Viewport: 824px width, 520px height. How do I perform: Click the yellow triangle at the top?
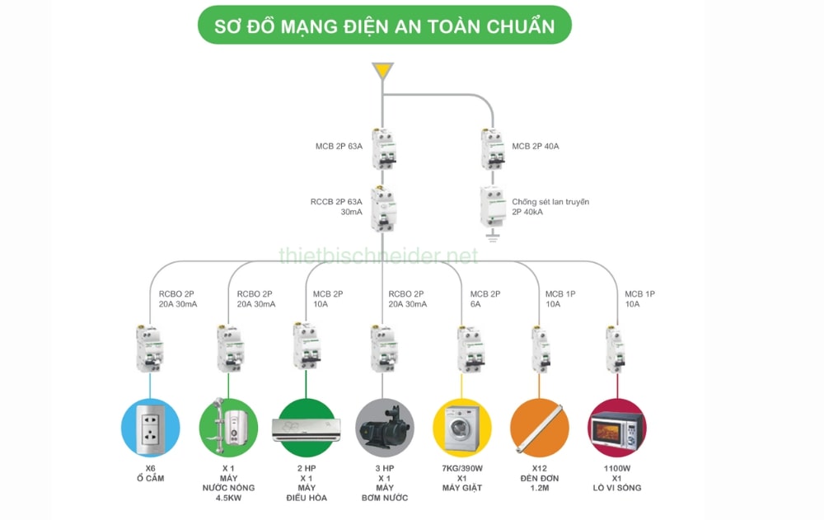click(382, 72)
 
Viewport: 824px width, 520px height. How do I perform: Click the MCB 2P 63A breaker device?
click(382, 150)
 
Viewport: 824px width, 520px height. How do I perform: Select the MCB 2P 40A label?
click(536, 147)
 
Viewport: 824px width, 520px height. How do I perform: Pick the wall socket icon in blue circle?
click(151, 428)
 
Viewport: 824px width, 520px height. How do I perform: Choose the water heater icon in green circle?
click(228, 428)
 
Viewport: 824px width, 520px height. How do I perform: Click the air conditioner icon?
click(306, 429)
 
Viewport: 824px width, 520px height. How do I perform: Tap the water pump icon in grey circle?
click(384, 429)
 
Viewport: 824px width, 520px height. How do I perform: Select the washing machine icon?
click(462, 428)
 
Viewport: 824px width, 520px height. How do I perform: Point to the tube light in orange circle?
click(540, 428)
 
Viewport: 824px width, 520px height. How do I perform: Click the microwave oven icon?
click(617, 429)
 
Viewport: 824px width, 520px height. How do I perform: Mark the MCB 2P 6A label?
click(485, 299)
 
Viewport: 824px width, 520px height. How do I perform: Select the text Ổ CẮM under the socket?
click(151, 478)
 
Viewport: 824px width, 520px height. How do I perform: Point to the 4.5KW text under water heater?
click(228, 498)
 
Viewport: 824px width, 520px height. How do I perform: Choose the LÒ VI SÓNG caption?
click(617, 488)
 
